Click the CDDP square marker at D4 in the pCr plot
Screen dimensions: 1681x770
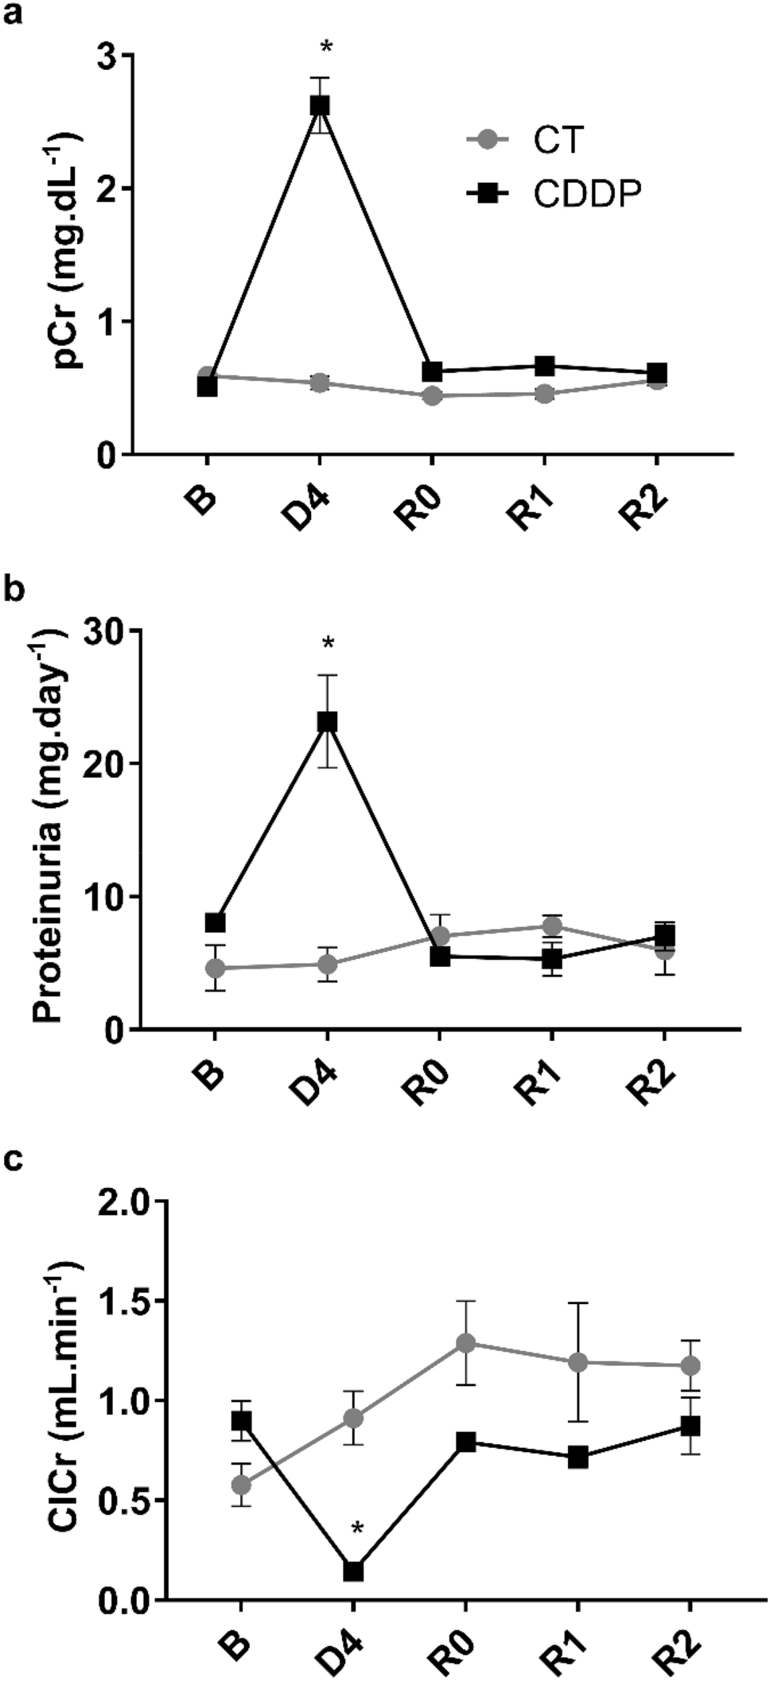pos(320,106)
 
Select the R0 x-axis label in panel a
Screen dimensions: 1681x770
pos(422,505)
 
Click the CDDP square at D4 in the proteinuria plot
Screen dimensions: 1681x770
pos(328,722)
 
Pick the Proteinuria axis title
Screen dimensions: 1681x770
pos(52,827)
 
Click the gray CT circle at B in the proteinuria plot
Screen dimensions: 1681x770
pos(215,968)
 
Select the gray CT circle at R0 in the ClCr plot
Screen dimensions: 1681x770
pos(465,1343)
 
